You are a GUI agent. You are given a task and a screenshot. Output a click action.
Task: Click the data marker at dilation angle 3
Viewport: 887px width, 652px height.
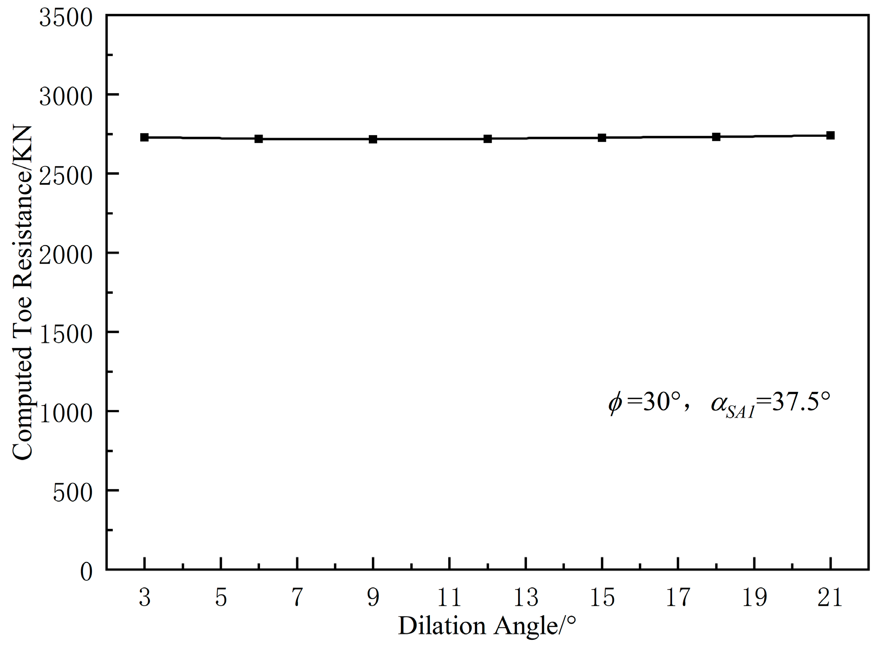point(145,137)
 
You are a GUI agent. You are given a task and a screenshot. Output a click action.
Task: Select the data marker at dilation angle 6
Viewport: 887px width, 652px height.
point(259,139)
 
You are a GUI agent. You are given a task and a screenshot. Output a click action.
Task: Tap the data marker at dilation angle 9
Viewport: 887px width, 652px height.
point(373,139)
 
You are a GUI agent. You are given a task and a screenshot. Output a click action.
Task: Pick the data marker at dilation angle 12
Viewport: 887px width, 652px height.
point(488,139)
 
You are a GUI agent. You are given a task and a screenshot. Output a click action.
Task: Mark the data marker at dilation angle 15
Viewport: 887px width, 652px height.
point(602,138)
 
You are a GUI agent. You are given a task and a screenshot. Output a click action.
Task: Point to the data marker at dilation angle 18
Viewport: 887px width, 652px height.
point(716,137)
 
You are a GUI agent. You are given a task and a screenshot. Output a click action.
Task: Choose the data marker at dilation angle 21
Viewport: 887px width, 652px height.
point(831,135)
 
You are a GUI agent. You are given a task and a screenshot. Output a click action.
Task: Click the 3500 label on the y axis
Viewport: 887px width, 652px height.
point(66,18)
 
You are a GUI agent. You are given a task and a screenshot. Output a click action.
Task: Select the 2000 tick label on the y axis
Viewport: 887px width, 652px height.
point(66,255)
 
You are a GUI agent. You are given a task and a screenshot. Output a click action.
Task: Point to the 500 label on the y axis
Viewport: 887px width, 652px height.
point(73,493)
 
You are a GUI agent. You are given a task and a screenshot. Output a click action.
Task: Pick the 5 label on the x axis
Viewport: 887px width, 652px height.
point(221,597)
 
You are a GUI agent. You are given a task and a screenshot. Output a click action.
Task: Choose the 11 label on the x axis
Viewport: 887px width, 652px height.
point(449,597)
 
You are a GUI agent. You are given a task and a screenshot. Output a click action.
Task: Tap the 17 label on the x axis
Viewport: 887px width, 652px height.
point(678,597)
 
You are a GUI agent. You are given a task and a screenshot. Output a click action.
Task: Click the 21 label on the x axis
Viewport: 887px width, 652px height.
point(830,597)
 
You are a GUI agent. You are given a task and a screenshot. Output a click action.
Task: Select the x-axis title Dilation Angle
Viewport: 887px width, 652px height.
point(487,626)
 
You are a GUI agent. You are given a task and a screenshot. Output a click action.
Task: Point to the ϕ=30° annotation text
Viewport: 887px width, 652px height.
point(644,402)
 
